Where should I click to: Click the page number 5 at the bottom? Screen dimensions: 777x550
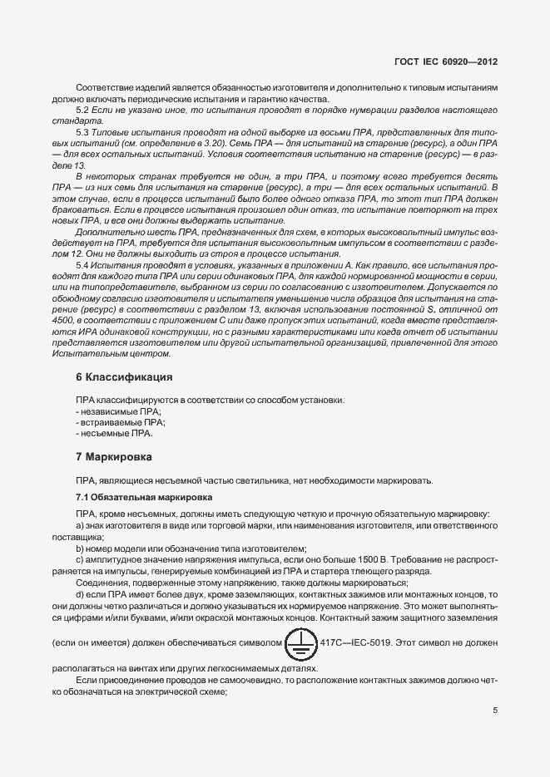[494, 711]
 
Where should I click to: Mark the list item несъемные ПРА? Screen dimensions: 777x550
[116, 433]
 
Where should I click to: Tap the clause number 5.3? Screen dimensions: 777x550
[82, 133]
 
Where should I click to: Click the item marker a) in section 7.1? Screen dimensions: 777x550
[80, 526]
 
